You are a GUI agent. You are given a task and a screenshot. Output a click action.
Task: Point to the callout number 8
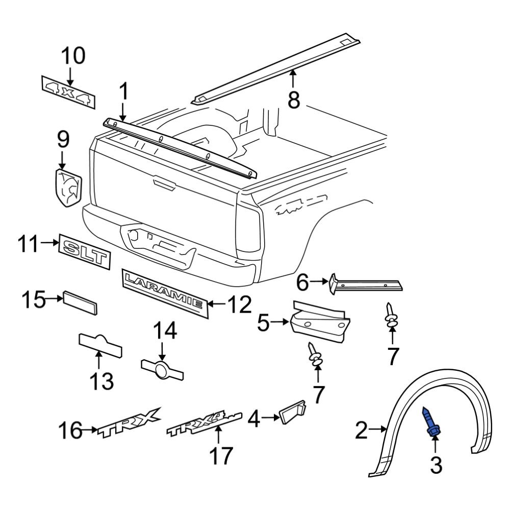(x=293, y=99)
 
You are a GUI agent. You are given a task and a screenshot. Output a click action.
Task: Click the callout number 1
(x=122, y=93)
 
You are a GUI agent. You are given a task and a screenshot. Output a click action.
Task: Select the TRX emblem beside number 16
(x=130, y=423)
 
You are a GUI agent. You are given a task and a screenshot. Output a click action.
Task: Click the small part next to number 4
(x=292, y=412)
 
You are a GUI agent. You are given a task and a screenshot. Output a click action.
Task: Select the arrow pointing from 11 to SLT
(x=50, y=243)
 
